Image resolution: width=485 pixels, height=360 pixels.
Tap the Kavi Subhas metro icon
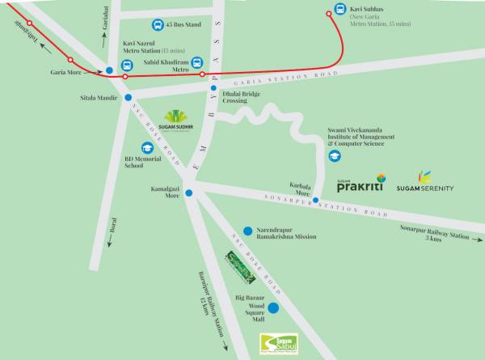coord(339,12)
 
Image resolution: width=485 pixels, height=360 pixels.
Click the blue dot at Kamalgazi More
coord(189,193)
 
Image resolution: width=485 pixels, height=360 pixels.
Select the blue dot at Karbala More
coord(317,200)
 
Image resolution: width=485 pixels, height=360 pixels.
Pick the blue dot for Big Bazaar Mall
coord(273,307)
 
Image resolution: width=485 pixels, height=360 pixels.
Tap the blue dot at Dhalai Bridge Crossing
coord(214,89)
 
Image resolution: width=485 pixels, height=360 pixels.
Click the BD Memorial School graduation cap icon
coord(148,148)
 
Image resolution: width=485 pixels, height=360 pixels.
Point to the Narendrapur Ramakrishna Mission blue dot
coord(238,231)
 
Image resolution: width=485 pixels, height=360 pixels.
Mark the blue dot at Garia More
coord(109,71)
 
